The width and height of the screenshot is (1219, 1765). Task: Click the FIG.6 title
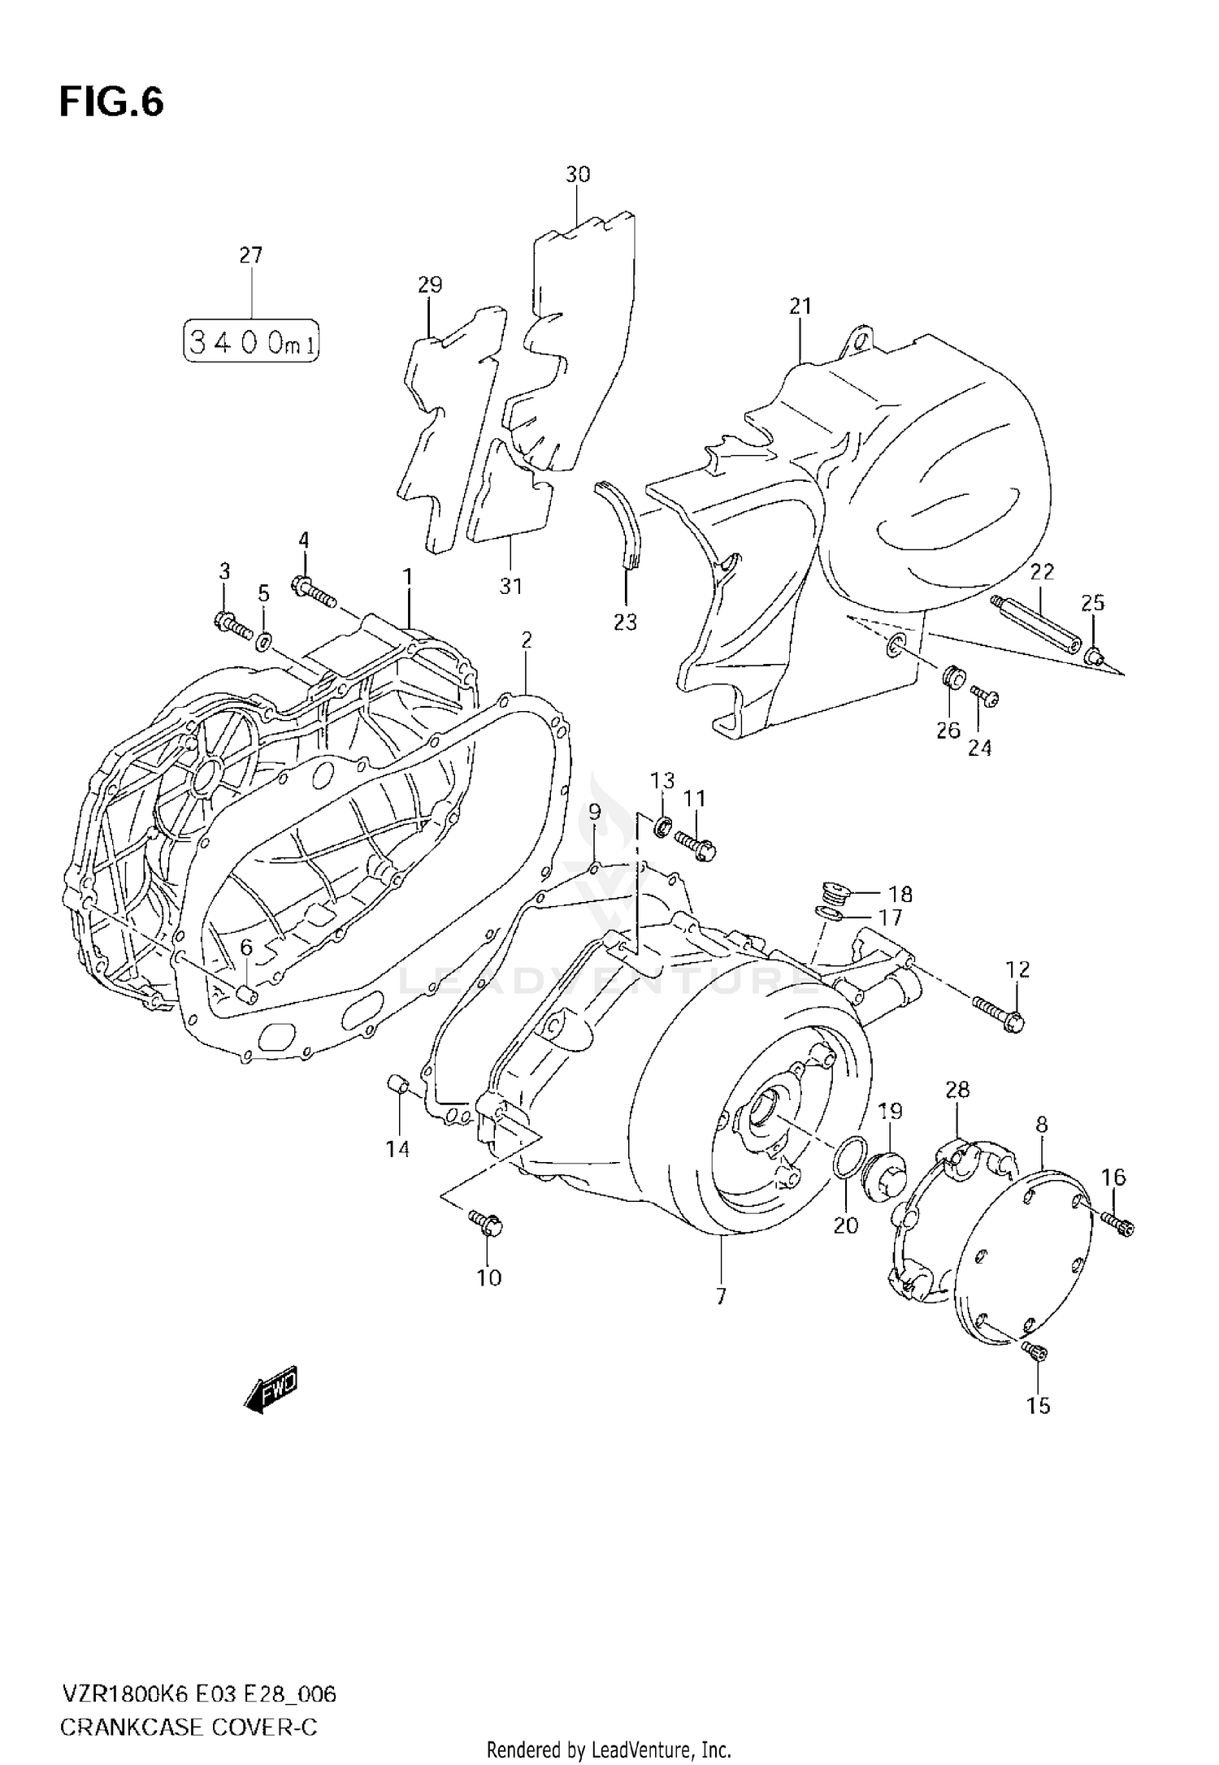(111, 103)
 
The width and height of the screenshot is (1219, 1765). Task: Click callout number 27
(251, 255)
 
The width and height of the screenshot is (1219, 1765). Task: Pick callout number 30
(578, 175)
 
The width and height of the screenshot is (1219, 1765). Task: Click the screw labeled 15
(1035, 1351)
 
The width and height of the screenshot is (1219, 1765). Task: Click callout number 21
(800, 306)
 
